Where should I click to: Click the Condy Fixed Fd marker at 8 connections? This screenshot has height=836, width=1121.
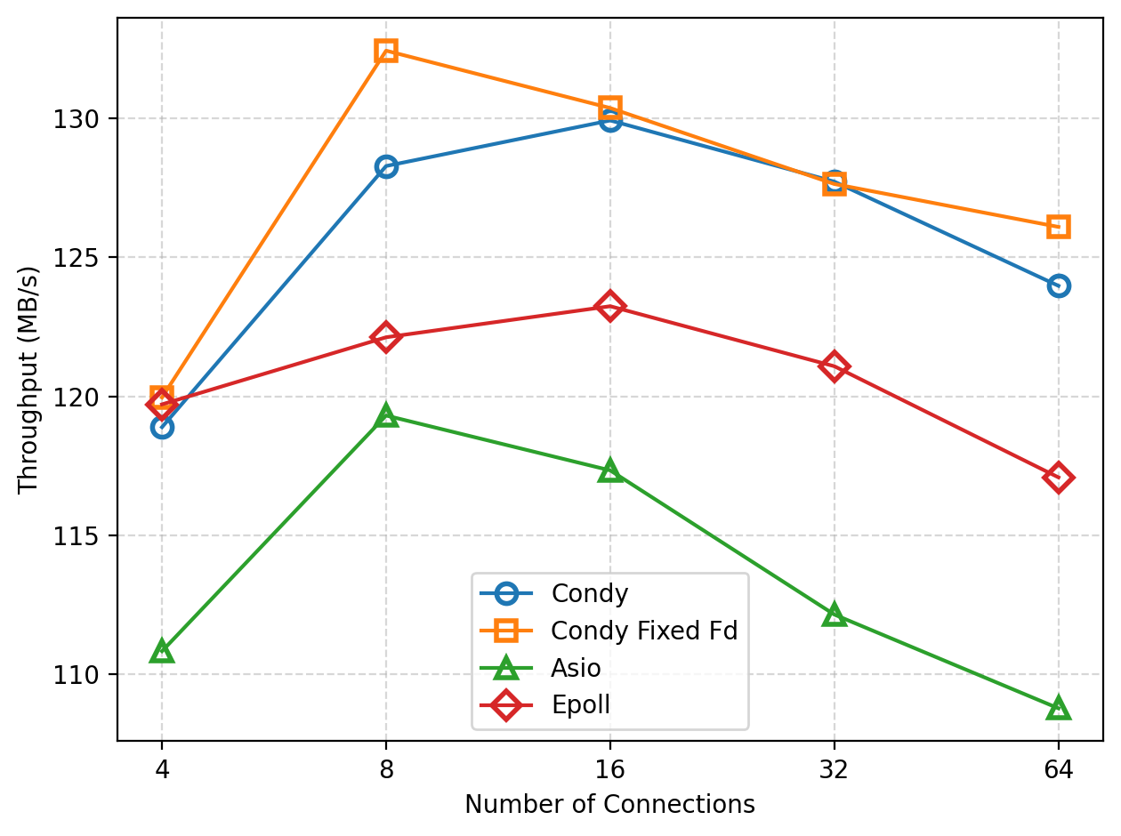point(385,50)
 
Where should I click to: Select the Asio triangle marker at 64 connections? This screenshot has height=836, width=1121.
point(1058,709)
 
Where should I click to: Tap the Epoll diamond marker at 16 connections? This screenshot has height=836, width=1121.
point(609,307)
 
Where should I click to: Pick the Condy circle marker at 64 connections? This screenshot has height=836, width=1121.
point(1058,285)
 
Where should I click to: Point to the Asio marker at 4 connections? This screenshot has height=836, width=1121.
point(162,652)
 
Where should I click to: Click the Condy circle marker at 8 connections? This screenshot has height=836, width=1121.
point(385,166)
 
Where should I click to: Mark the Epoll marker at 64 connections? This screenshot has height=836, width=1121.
point(1058,478)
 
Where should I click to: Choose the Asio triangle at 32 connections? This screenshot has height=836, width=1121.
point(834,615)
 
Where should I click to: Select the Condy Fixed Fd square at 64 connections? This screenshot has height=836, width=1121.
point(1058,227)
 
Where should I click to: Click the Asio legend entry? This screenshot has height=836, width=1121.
point(576,668)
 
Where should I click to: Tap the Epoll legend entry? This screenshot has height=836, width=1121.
point(580,705)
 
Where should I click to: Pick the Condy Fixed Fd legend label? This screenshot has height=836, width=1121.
point(644,631)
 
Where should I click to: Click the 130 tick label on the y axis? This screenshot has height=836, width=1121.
point(83,119)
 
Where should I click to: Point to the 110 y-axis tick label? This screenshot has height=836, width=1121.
point(83,675)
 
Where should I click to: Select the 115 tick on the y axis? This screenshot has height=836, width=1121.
point(83,536)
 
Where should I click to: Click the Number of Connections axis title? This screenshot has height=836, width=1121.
point(609,805)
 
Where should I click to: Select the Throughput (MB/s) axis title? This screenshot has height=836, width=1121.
point(28,379)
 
